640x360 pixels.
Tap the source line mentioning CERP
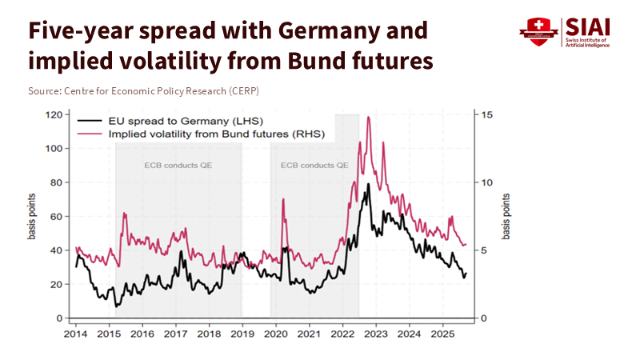(143, 91)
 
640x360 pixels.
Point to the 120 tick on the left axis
(54, 115)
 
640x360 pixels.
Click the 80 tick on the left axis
(56, 182)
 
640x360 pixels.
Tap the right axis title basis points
(506, 217)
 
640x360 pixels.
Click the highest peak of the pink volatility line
(368, 118)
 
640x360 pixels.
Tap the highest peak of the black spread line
(368, 185)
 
